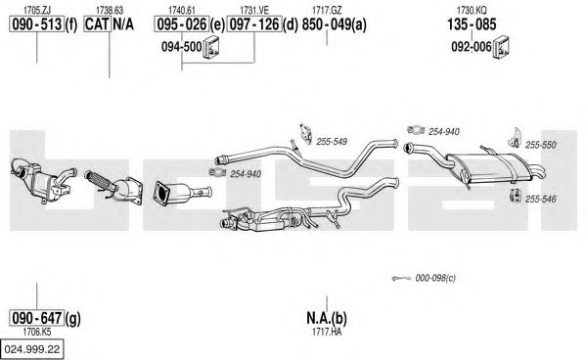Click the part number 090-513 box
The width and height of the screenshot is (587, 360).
(x=37, y=24)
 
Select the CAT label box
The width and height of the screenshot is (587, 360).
(x=97, y=24)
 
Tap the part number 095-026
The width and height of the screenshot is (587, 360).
(x=182, y=24)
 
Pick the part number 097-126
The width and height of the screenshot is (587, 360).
(x=254, y=24)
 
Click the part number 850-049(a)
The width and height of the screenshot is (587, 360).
(x=334, y=24)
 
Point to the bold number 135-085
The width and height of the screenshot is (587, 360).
(x=472, y=24)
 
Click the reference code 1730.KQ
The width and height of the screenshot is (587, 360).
(x=472, y=10)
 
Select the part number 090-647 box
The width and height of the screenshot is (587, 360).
(x=37, y=318)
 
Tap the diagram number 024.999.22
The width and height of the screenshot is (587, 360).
(x=32, y=349)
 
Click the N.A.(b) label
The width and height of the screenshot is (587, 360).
(x=327, y=318)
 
